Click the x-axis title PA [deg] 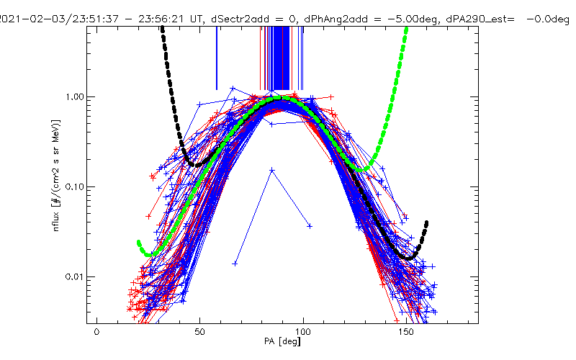[x=286, y=343]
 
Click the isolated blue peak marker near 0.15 [x=271, y=170]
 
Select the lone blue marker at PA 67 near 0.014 [x=235, y=264]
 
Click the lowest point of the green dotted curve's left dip [x=148, y=255]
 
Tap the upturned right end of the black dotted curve [x=427, y=222]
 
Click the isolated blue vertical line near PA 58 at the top [x=216, y=58]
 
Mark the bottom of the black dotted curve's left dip [x=193, y=165]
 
